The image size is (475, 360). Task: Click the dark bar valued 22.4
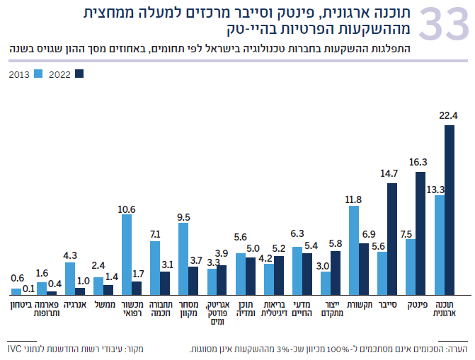[x=449, y=209]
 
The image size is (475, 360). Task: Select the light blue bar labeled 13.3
[x=439, y=244]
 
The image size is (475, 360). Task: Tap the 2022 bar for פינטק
[x=420, y=233]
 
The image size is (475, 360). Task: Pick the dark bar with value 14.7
[x=392, y=238]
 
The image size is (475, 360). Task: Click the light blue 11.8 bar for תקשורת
[x=354, y=250]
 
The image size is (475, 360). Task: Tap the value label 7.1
[x=154, y=233]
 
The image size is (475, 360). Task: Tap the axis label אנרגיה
[x=75, y=303]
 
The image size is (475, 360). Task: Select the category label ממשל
[x=103, y=303]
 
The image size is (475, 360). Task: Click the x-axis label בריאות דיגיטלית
[x=273, y=308]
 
